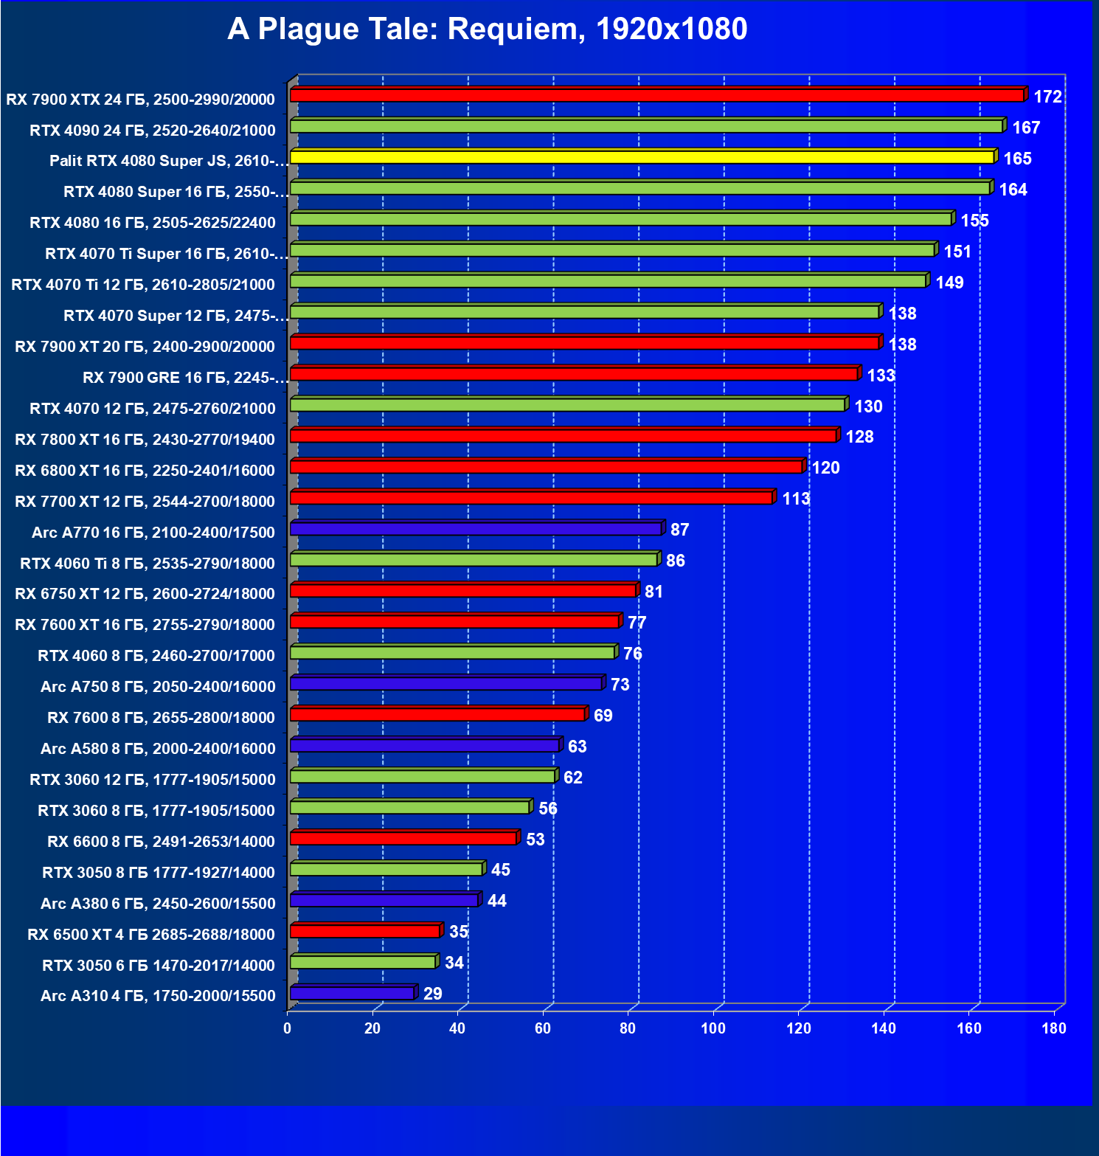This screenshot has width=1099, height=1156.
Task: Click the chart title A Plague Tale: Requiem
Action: [x=488, y=30]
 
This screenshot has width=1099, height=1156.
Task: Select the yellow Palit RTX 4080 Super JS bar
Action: [x=642, y=157]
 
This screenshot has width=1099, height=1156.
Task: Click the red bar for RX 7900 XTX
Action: [x=656, y=95]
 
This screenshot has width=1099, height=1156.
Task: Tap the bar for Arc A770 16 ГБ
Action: [x=476, y=529]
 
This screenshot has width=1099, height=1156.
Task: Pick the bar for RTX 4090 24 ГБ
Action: [x=646, y=126]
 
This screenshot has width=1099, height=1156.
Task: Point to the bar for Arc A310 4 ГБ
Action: [x=352, y=993]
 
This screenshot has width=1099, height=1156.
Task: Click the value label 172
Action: [x=1047, y=97]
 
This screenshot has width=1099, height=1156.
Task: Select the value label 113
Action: [x=796, y=499]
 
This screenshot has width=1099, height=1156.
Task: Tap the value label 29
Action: [x=433, y=993]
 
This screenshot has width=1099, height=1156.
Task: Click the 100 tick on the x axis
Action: [x=713, y=1028]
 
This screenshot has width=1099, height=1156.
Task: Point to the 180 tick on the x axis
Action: [x=1054, y=1028]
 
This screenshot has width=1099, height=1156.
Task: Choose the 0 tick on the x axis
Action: [x=288, y=1028]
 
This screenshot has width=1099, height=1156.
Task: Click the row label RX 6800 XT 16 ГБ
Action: [x=145, y=471]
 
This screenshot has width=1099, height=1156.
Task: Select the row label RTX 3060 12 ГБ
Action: [x=152, y=780]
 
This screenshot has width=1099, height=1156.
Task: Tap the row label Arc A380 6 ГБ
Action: [x=158, y=904]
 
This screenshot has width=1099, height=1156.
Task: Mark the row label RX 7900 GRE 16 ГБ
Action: [x=184, y=378]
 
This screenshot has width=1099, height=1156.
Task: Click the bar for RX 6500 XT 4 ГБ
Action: [x=365, y=931]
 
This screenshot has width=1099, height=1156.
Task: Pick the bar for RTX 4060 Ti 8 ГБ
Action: [x=474, y=560]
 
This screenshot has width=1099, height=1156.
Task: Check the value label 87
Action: [x=679, y=530]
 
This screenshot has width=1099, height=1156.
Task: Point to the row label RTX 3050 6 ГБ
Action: [x=158, y=966]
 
